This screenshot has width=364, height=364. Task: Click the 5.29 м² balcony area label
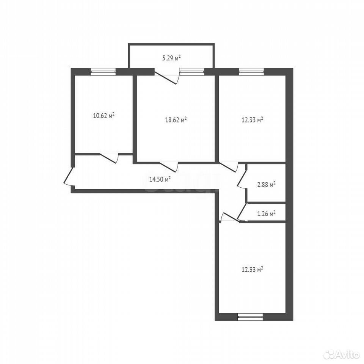[x=171, y=58]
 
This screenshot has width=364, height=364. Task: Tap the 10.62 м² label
[x=104, y=115]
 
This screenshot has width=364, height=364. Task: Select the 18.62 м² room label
[x=176, y=120]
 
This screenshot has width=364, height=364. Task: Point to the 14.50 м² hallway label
[x=160, y=179]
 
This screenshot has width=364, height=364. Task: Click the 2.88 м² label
[x=266, y=185]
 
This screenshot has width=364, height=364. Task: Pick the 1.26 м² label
[x=266, y=213]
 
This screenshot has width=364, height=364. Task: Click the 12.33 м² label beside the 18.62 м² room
[x=253, y=120]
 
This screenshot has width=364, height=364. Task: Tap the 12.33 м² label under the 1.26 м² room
[x=253, y=270]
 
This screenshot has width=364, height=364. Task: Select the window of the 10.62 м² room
[x=103, y=72]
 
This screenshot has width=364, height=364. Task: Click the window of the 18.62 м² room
[x=192, y=72]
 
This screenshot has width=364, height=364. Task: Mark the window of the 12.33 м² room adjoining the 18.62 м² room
[x=251, y=72]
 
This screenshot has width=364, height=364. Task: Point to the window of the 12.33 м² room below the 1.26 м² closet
[x=250, y=317]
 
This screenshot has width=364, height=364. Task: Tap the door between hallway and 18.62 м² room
[x=169, y=167]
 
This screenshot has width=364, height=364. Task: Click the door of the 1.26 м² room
[x=243, y=212]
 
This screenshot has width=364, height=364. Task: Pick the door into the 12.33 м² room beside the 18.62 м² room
[x=229, y=167]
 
